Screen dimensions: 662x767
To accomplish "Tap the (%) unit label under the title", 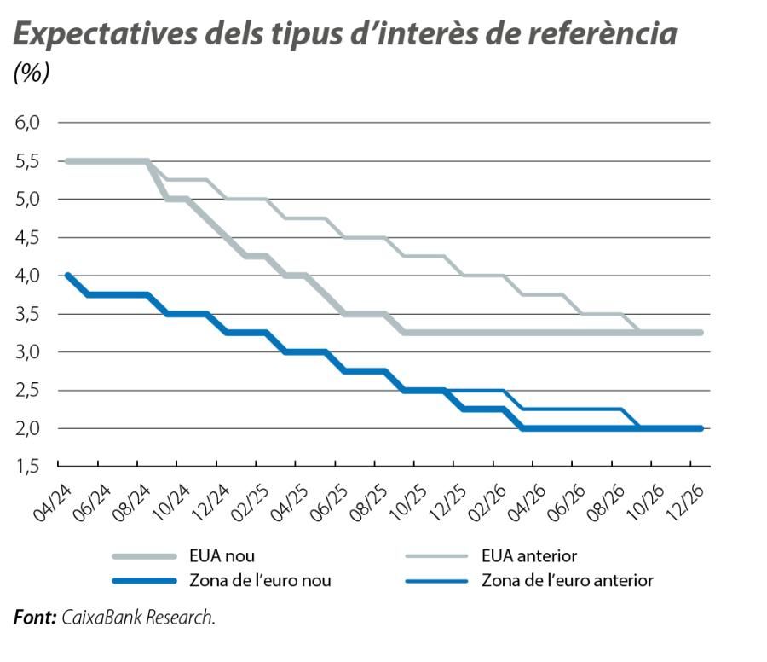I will [32, 73].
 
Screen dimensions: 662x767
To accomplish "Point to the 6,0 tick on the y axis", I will [28, 123].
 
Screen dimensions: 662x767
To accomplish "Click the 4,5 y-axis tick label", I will [28, 237].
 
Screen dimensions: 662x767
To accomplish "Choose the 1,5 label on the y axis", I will [28, 467].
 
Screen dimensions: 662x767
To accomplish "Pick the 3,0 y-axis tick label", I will [28, 351].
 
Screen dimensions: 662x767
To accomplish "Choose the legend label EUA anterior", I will [529, 556].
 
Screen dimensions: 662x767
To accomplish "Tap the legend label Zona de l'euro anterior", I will [568, 581].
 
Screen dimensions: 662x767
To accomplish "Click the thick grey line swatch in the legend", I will [146, 556].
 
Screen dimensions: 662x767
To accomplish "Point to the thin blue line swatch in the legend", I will [436, 581].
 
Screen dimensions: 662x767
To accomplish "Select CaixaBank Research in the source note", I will [138, 617].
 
